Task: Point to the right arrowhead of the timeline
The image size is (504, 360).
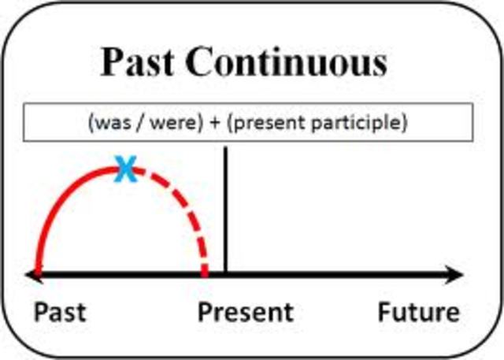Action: [x=456, y=275]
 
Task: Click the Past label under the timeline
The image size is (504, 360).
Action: [x=60, y=312]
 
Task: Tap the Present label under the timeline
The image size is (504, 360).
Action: [x=245, y=312]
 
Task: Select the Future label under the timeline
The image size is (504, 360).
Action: [x=418, y=312]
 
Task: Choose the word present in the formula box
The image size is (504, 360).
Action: [x=276, y=123]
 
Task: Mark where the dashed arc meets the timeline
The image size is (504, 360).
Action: [x=206, y=273]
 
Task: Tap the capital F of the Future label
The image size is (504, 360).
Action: [x=384, y=312]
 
